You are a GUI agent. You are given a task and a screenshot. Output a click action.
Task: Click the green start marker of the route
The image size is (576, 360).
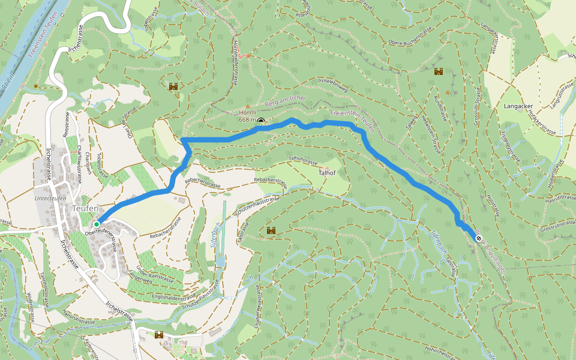pos(97,224)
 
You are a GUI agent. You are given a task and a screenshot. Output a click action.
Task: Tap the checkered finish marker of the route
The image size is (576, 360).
pos(479,238)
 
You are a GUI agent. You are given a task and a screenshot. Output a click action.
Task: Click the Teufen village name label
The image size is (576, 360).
pos(85,208)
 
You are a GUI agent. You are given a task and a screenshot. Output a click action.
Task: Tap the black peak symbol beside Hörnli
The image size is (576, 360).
pos(261,121)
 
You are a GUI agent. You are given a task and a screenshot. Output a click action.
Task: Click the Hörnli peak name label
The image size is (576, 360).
pos(247,112)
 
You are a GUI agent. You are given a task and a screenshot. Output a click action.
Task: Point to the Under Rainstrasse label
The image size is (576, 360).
pos(155,273)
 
